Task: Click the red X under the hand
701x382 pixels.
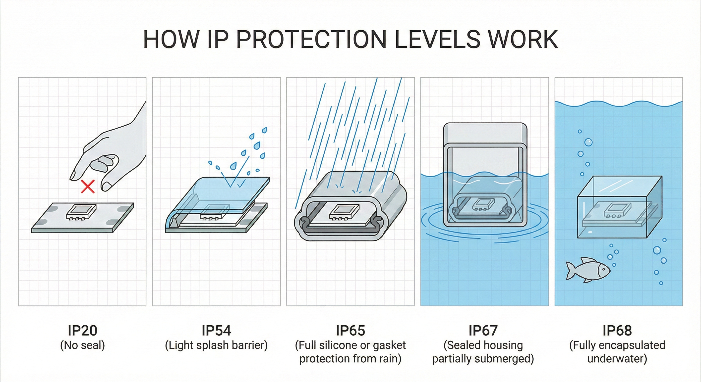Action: point(88,187)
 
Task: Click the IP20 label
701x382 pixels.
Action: point(82,330)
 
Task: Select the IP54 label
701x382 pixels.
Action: point(216,330)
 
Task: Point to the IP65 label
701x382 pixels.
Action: point(350,330)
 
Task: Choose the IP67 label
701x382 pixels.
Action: point(483,330)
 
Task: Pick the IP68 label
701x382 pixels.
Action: point(617,330)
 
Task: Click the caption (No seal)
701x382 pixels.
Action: point(82,345)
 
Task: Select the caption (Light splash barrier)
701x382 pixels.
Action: point(216,345)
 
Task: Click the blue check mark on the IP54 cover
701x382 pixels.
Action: point(241,184)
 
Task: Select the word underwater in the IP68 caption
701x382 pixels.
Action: point(617,359)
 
